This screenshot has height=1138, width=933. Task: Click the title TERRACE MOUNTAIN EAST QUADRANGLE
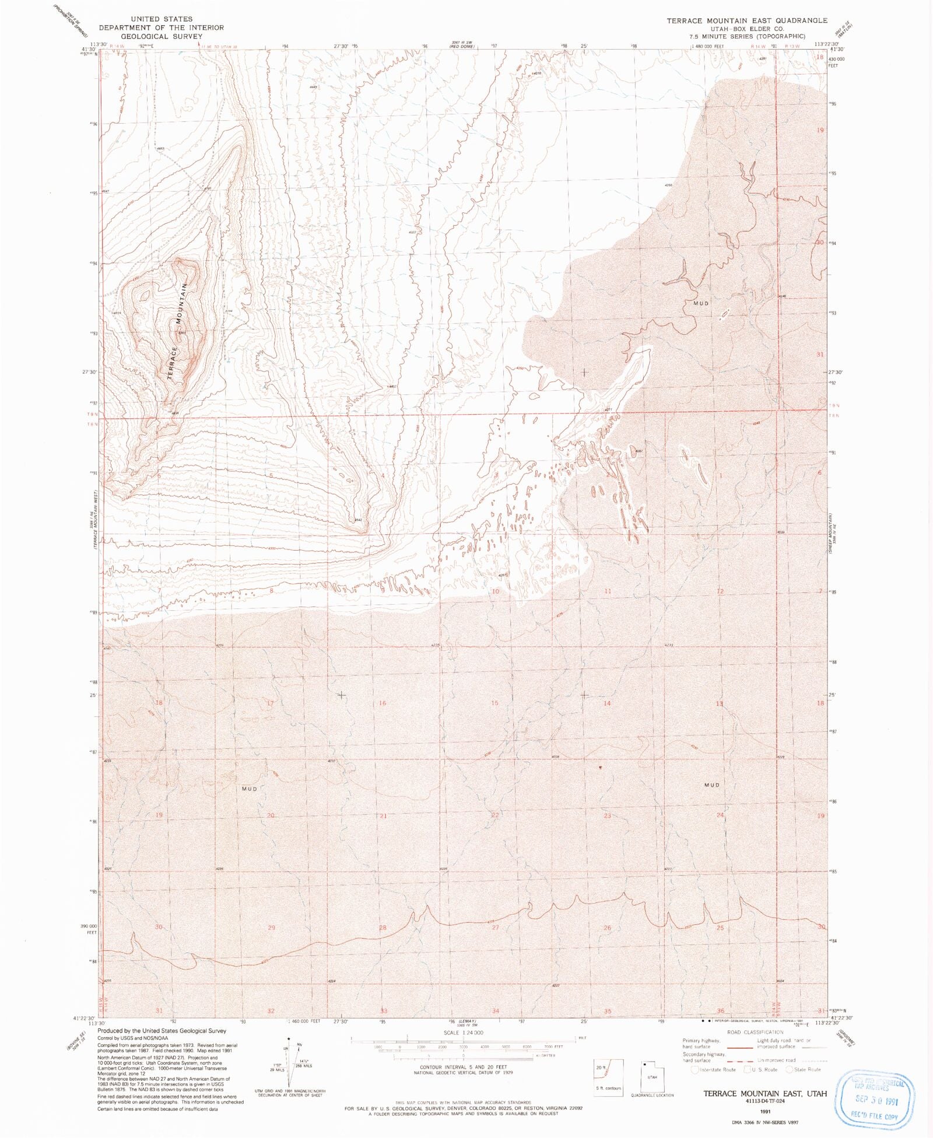[x=746, y=20]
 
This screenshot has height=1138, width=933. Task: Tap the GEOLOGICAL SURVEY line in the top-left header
[x=162, y=36]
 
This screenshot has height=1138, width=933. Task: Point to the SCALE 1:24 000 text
[x=464, y=1032]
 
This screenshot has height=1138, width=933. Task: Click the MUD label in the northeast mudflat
[x=701, y=303]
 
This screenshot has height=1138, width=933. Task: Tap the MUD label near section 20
[x=249, y=789]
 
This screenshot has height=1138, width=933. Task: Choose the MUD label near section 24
[x=712, y=785]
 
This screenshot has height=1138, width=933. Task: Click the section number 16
[x=383, y=703]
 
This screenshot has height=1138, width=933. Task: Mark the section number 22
[x=495, y=815]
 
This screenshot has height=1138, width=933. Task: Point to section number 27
[x=495, y=927]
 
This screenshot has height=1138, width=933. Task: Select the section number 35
[x=608, y=1011]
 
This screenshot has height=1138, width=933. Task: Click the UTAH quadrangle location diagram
[x=652, y=1076]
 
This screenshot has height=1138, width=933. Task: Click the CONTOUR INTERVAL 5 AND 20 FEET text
[x=464, y=1067]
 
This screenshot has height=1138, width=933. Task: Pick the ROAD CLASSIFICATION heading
[x=755, y=1032]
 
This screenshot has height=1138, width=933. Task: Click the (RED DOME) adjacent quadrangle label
[x=464, y=46]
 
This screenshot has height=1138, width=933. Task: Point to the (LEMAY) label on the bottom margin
[x=464, y=1021]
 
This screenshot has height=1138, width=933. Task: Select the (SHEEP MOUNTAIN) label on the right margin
[x=832, y=534]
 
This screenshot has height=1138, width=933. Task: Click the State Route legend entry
[x=804, y=1069]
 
